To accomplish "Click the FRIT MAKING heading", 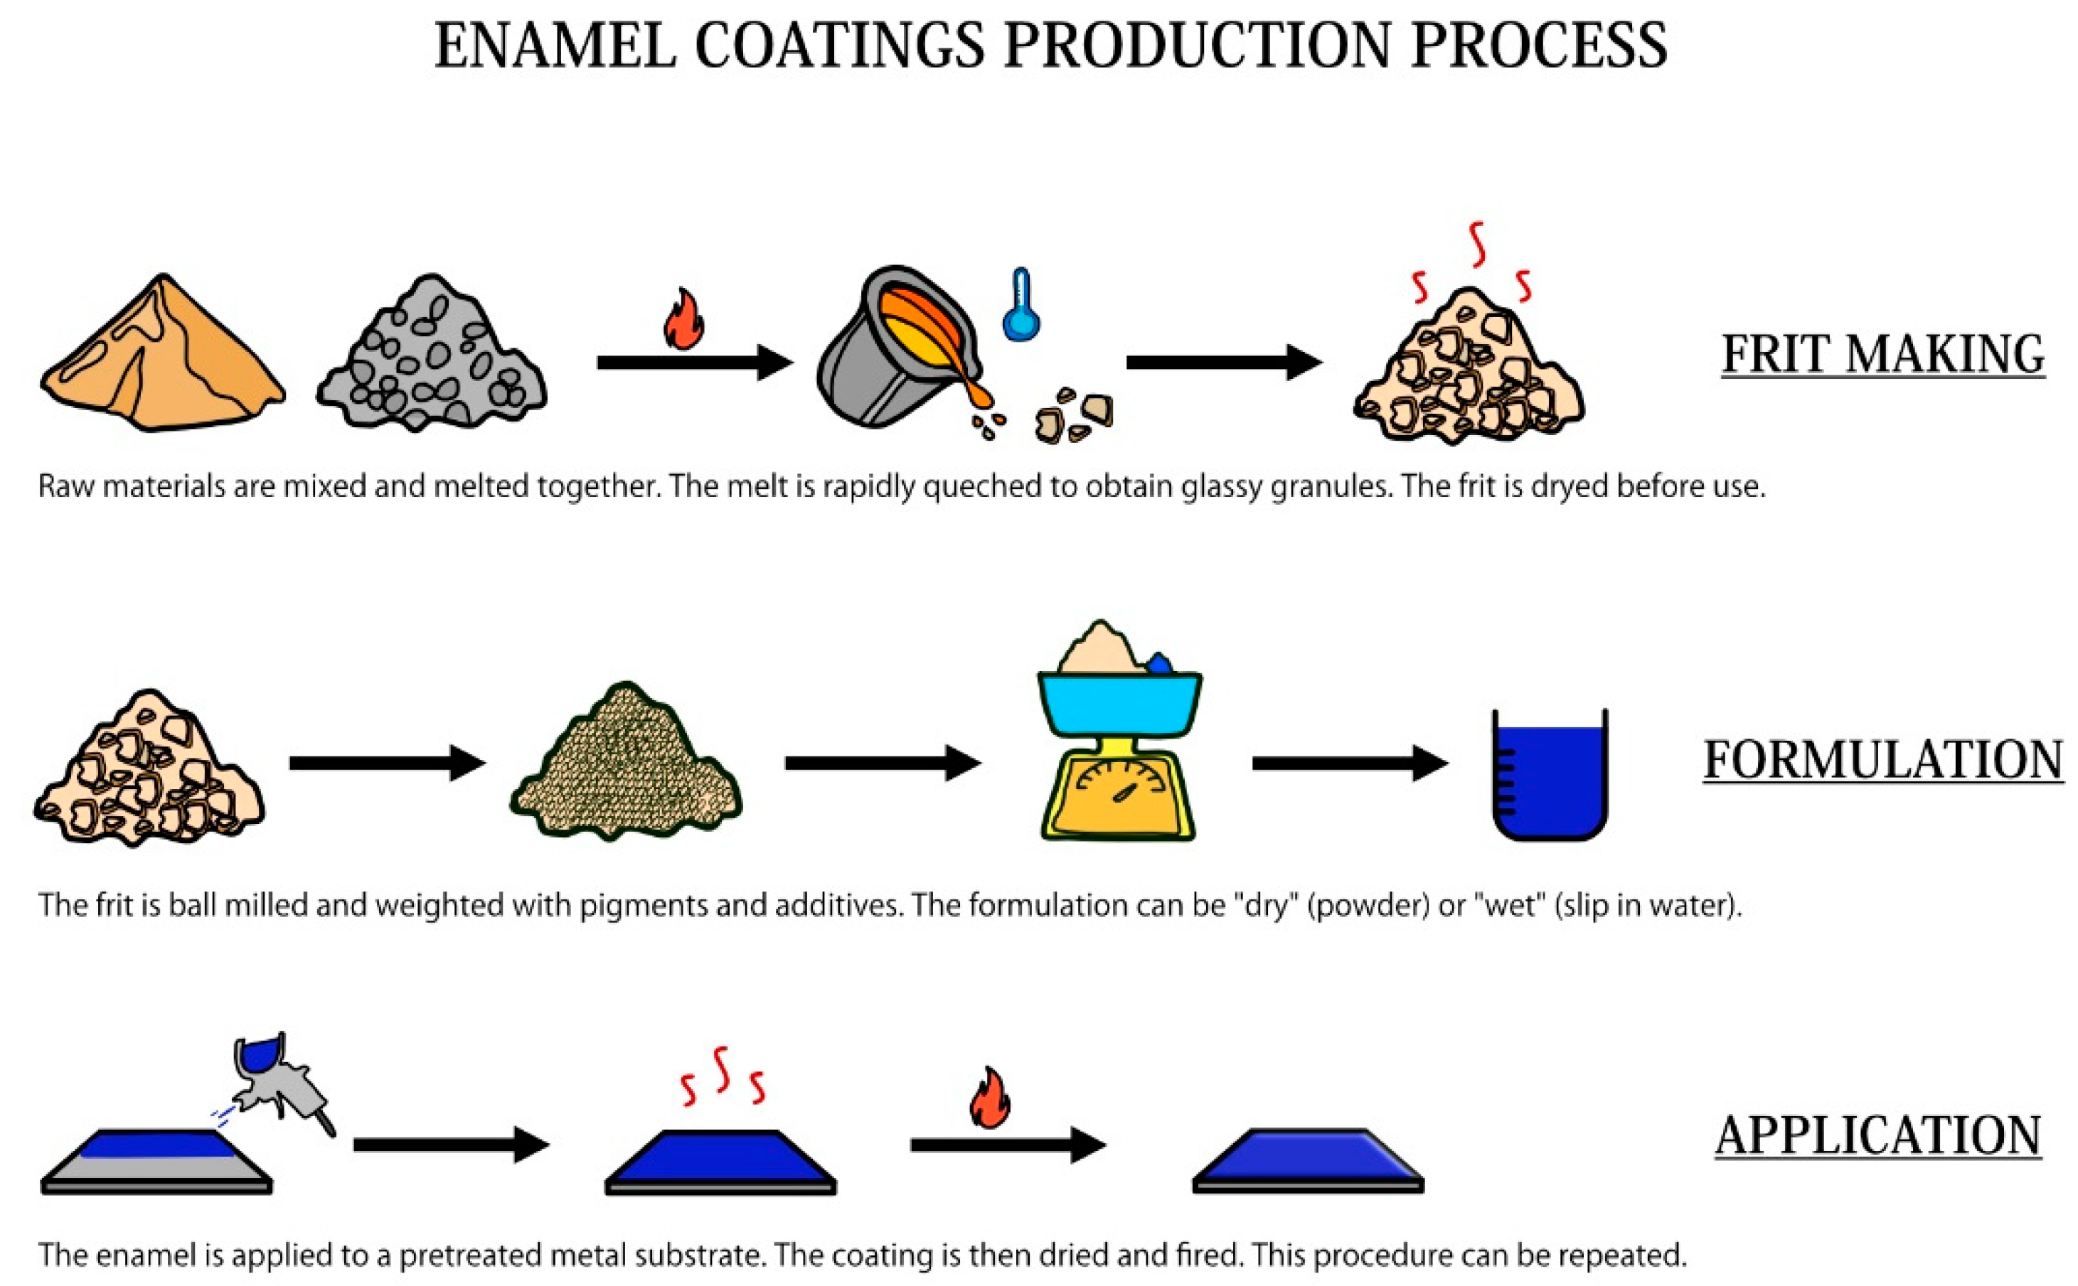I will click(1882, 355).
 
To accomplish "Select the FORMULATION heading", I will click(1882, 759).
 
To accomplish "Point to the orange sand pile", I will click(161, 357).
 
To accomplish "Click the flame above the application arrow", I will click(990, 1098).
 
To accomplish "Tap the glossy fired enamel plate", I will click(1307, 1161).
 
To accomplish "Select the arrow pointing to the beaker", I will click(1348, 763).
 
